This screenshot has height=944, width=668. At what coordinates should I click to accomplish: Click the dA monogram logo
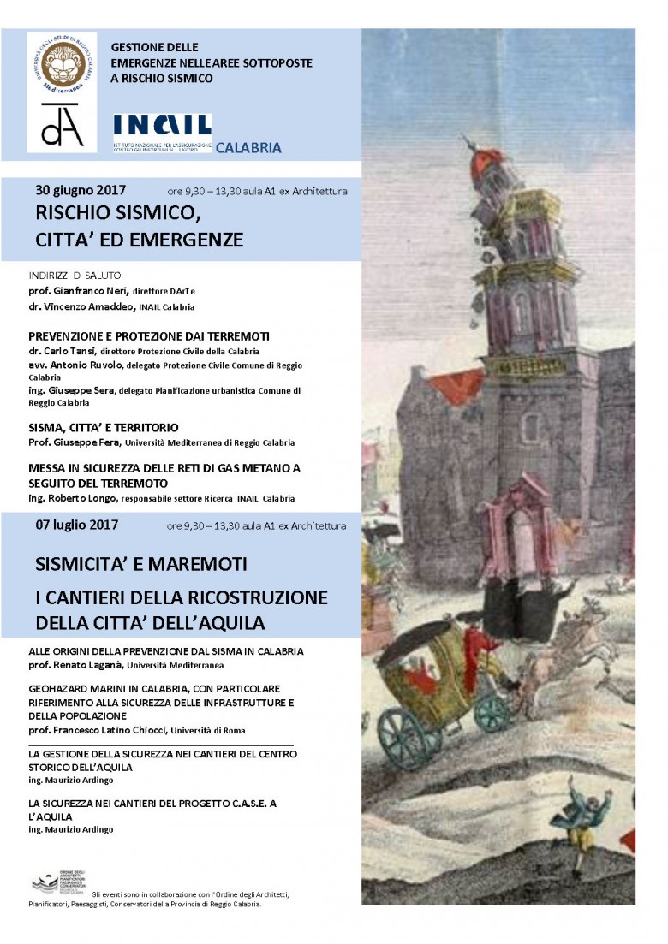(62, 125)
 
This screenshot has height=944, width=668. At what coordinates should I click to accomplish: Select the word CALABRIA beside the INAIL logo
(248, 148)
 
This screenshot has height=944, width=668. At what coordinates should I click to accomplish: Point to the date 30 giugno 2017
(81, 190)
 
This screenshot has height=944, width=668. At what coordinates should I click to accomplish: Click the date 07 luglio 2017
(77, 525)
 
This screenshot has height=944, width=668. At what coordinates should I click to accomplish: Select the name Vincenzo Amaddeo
(95, 306)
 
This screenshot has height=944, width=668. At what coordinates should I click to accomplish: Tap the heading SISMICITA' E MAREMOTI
(141, 565)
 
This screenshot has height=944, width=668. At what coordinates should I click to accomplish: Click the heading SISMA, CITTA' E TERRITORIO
(103, 427)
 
